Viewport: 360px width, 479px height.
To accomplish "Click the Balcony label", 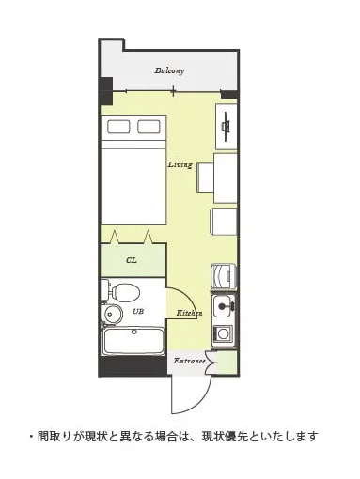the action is tap(169, 70).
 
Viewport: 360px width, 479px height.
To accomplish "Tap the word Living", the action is tap(180, 164).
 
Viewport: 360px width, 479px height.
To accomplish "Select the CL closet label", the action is tap(132, 260).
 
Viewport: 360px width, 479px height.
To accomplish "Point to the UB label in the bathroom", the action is tap(138, 311).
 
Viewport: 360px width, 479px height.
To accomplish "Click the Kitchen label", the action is tap(189, 313).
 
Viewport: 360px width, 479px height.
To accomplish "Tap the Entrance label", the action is tap(190, 361).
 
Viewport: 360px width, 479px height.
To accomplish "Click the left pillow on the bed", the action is tap(118, 127).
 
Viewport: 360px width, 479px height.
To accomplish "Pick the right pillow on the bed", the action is tap(149, 127).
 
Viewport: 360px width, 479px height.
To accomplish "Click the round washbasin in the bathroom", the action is tap(112, 313).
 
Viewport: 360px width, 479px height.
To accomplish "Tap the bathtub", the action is tap(133, 341).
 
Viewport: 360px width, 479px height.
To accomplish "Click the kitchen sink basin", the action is tap(224, 306).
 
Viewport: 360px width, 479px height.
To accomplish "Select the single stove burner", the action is tap(224, 333).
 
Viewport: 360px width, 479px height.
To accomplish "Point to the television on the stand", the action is tap(226, 126).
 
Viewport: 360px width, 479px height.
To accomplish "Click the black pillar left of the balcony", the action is tap(106, 91).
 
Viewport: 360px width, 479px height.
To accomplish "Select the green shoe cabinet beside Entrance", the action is tap(227, 362).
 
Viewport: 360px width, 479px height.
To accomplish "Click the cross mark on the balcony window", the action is tap(173, 91).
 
